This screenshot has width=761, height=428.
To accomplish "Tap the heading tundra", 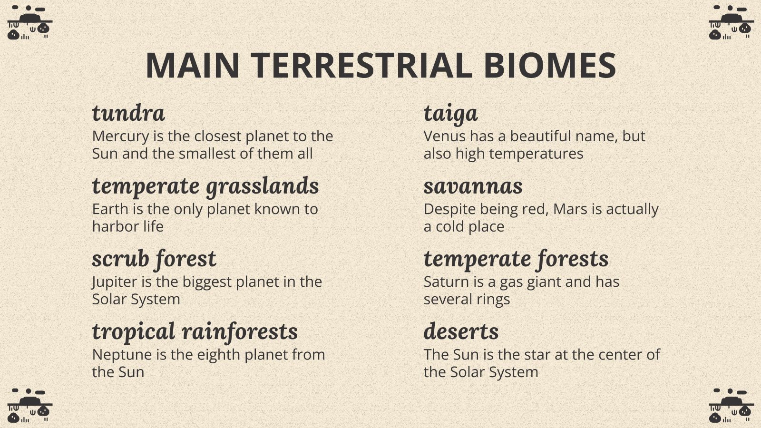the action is (x=128, y=113).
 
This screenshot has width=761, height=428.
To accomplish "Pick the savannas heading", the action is (x=473, y=186).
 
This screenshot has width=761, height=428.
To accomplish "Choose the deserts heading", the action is (x=461, y=331).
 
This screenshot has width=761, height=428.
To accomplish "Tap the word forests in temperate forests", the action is (x=573, y=259).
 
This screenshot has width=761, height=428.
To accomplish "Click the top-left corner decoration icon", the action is (x=29, y=23).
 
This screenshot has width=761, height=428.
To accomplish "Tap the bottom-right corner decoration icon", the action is (x=731, y=406).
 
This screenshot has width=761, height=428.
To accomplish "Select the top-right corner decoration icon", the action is (x=731, y=23).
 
